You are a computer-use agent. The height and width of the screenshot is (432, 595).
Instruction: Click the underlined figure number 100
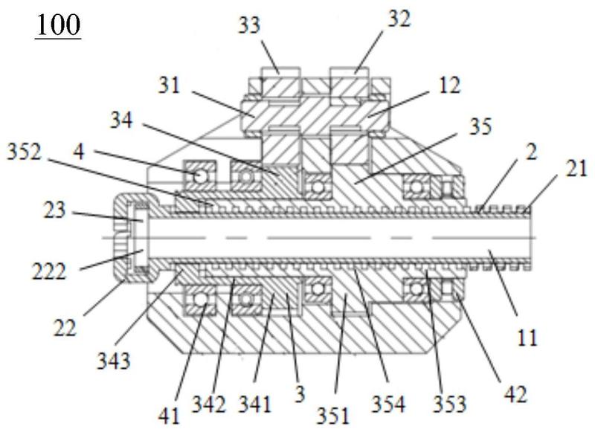pos(58,25)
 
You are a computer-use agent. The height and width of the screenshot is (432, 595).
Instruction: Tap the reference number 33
pos(249,25)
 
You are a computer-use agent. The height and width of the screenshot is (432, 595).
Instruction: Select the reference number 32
pos(399,19)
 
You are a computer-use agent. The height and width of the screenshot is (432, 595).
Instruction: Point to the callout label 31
pos(169,85)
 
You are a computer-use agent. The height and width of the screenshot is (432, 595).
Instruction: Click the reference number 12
pos(450,85)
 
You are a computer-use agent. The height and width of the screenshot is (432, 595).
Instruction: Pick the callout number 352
pos(24,152)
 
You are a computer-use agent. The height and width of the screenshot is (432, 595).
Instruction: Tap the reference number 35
pos(480,126)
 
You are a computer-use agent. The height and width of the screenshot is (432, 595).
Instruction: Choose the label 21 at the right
pos(576,168)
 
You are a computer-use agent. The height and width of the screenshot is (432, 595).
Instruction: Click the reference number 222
pos(48,271)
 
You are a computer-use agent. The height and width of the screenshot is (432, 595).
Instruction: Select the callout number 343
pos(114,361)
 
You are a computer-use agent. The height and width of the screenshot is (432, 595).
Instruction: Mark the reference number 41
pos(169,416)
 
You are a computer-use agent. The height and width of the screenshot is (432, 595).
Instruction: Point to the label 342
pos(209,404)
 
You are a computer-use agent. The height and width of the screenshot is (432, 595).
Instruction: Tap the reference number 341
pos(254,404)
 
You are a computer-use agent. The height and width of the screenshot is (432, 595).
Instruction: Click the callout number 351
pos(332,416)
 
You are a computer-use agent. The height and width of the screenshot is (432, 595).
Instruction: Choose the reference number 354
pos(388,404)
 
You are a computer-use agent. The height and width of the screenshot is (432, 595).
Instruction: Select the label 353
pos(450,404)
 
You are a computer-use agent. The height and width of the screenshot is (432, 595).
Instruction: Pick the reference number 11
pos(527,337)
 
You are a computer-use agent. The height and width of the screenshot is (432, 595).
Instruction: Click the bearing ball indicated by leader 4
pos(199,175)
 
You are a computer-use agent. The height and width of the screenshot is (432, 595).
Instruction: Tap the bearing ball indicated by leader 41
pos(200,299)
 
